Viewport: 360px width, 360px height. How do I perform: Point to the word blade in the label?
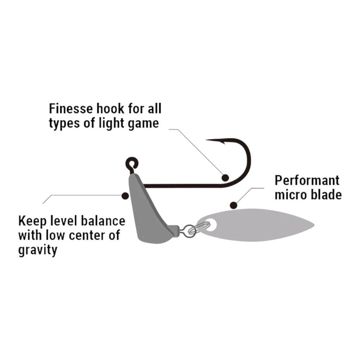click(x=326, y=195)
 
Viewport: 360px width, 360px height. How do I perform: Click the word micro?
click(x=290, y=195)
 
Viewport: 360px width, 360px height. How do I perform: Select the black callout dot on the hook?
click(x=225, y=177)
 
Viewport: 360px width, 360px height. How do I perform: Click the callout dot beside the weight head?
click(x=125, y=196)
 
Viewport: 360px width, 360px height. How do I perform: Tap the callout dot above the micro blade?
click(x=234, y=206)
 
